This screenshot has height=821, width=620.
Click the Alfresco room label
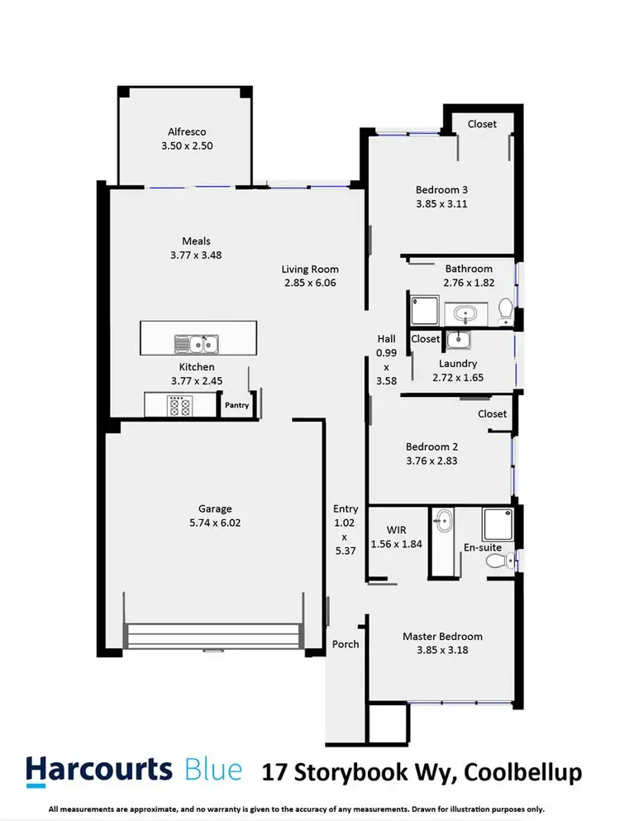tap(186, 131)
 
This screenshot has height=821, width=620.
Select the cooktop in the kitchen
tap(179, 406)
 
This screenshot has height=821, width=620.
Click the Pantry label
tap(236, 405)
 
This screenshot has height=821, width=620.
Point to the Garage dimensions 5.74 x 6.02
tap(214, 523)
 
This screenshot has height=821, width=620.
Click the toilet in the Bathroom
tap(506, 313)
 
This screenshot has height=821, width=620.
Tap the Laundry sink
tap(456, 339)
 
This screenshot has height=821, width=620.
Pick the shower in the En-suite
tap(497, 523)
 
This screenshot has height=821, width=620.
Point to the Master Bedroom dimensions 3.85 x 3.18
tap(442, 651)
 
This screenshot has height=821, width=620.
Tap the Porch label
tap(346, 644)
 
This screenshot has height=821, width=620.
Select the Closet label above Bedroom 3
tap(482, 124)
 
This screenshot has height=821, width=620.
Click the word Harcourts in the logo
tap(98, 770)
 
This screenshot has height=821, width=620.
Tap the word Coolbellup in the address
tap(522, 773)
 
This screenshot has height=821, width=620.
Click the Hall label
tap(386, 338)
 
